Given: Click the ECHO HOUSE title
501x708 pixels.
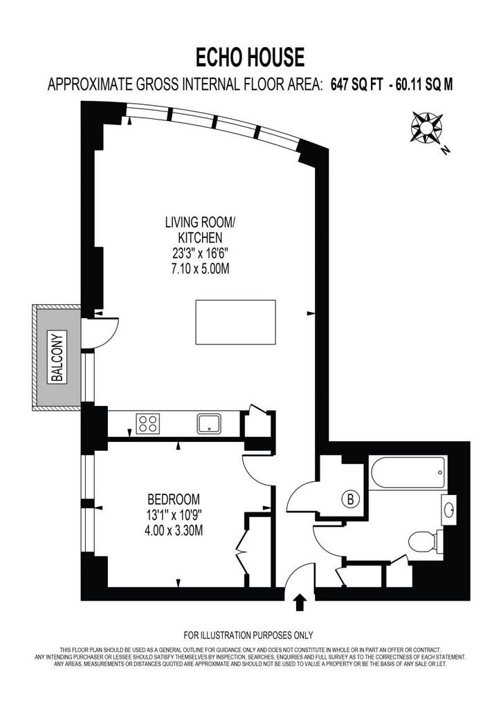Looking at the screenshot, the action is (x=250, y=58).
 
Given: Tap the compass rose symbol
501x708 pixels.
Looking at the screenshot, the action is (x=426, y=127).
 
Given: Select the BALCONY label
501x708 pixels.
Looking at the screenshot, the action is (x=57, y=357).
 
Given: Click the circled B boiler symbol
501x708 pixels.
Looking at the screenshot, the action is (x=351, y=499).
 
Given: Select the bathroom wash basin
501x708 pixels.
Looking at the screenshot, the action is (x=448, y=510).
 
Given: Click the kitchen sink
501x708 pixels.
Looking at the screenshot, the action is (x=209, y=424).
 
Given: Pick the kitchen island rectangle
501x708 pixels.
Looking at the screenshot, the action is (x=235, y=322).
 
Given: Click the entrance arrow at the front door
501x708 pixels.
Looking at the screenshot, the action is (x=299, y=602).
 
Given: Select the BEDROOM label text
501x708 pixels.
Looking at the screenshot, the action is (x=174, y=499).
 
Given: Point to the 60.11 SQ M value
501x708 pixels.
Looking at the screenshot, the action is (x=423, y=84).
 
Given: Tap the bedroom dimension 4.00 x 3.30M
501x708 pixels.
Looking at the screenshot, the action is (x=174, y=530).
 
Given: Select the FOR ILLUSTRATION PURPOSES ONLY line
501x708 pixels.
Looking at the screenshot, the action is (x=248, y=635).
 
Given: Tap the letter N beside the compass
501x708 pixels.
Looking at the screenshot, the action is (x=446, y=150).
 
